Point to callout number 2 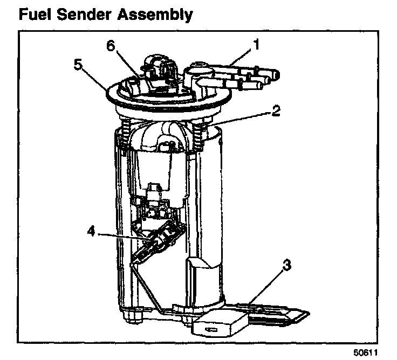(x=276, y=112)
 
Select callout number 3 (x=288, y=265)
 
